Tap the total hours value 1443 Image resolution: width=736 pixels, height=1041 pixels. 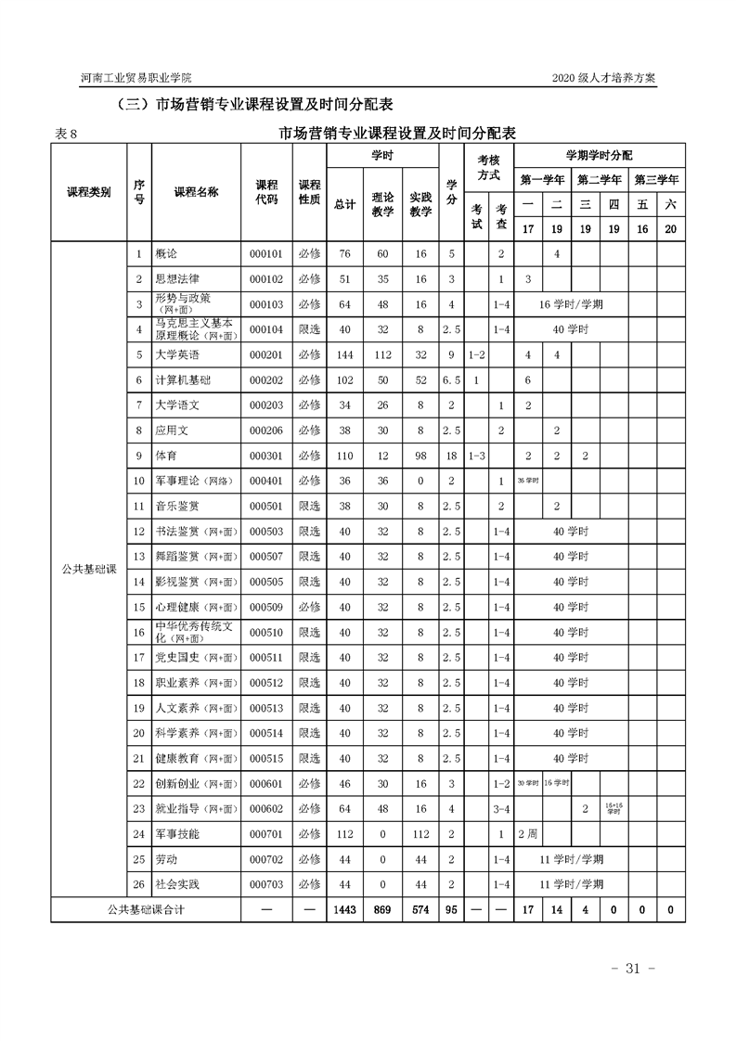click(x=344, y=910)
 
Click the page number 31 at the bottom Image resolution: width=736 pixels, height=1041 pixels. click(x=634, y=969)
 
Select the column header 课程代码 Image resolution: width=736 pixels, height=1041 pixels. click(x=266, y=192)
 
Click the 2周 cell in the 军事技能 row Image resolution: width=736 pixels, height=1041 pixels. click(x=527, y=834)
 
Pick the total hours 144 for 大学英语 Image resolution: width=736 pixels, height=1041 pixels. click(x=344, y=354)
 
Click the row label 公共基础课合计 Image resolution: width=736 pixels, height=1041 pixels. click(x=147, y=910)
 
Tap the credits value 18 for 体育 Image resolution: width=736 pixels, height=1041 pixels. click(x=451, y=456)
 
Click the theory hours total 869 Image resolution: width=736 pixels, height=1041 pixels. click(x=382, y=910)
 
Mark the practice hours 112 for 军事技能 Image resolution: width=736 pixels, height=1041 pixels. click(x=420, y=834)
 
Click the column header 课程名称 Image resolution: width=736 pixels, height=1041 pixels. click(x=196, y=192)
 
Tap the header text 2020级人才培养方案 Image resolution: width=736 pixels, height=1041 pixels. click(x=603, y=79)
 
